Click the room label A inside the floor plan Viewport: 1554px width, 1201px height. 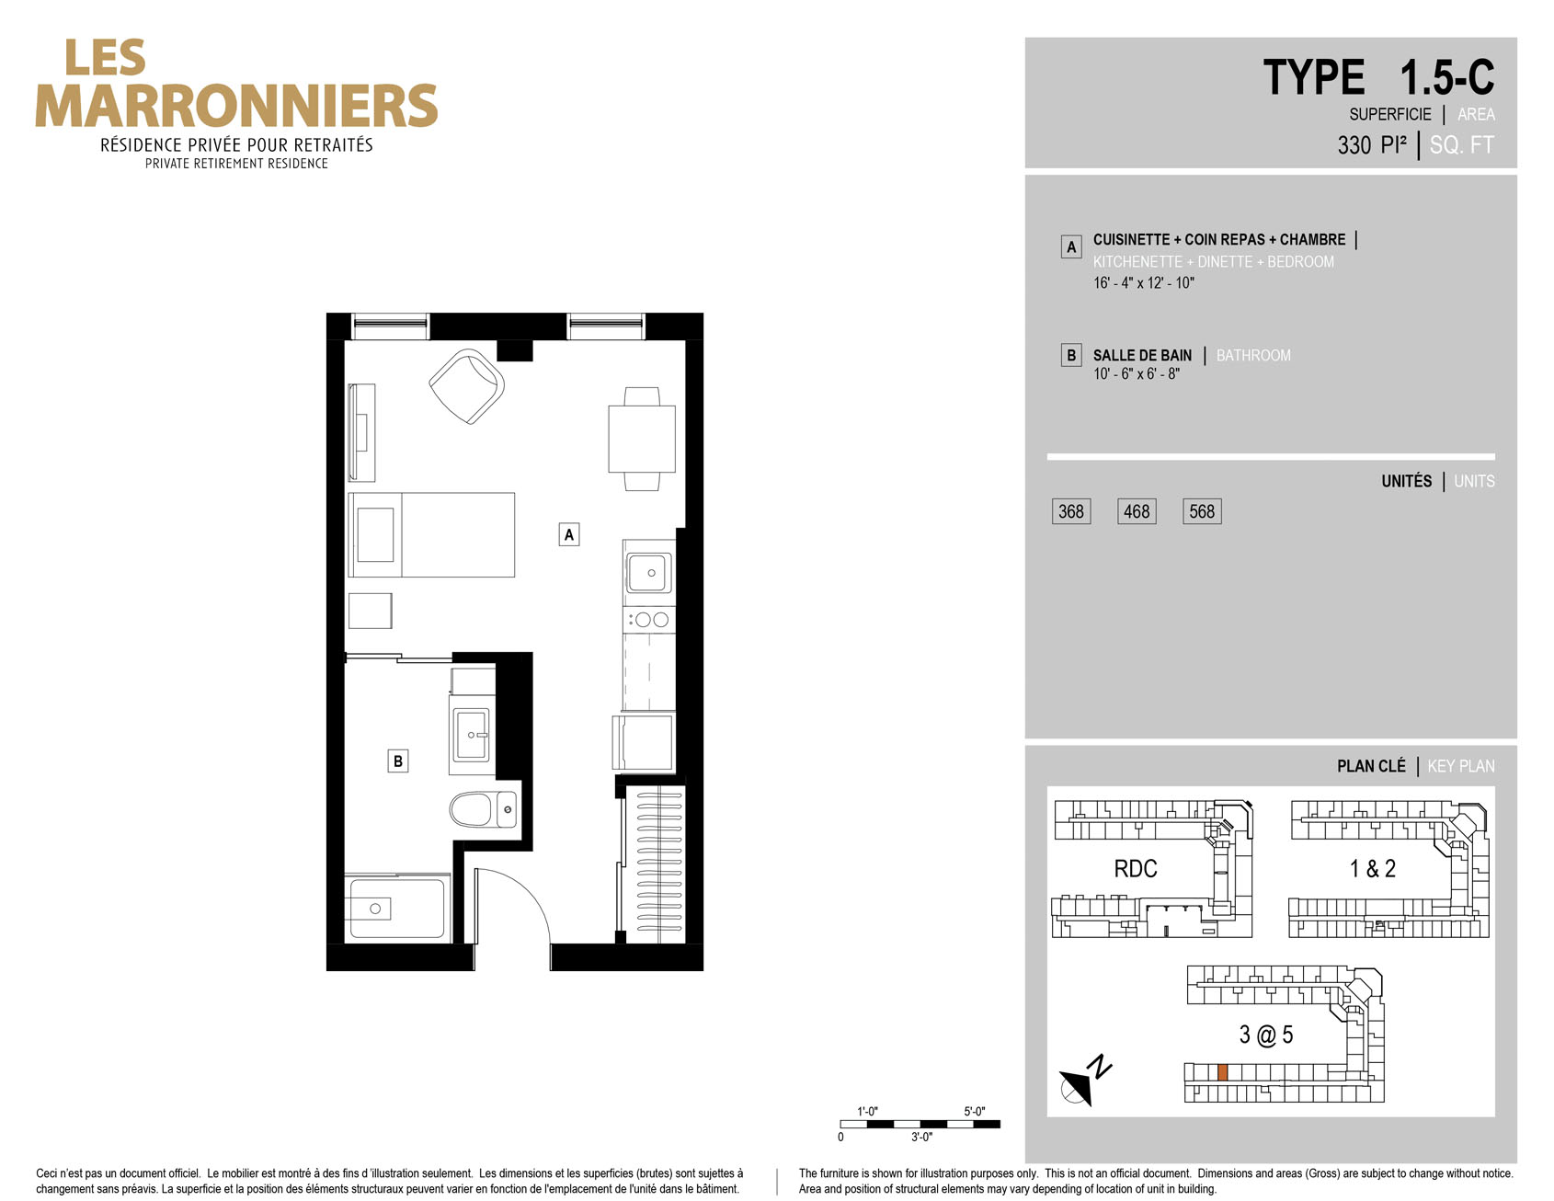click(569, 534)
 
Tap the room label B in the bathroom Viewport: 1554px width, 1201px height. click(398, 761)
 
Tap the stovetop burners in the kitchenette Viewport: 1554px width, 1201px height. click(649, 620)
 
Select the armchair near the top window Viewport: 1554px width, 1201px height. click(467, 386)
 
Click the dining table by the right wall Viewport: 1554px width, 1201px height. click(642, 439)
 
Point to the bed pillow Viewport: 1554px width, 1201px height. click(375, 534)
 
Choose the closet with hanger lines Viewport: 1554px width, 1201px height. click(655, 861)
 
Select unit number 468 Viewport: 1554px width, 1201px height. click(1137, 511)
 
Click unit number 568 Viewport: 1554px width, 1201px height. click(1202, 511)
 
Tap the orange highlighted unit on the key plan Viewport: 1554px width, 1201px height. click(1222, 1072)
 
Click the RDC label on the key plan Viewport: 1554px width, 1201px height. click(1136, 869)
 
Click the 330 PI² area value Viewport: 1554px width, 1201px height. click(1372, 144)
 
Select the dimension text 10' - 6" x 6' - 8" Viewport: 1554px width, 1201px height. click(1137, 374)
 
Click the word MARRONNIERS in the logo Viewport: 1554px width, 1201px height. click(236, 106)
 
